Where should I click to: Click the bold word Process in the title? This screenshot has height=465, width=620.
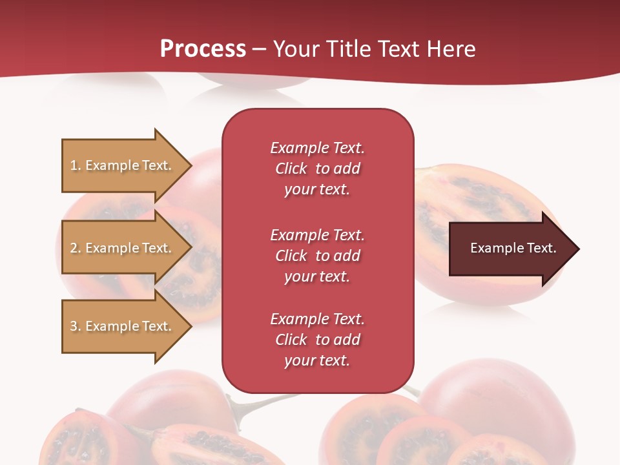[203, 49]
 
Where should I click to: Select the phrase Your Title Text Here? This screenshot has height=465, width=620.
[375, 49]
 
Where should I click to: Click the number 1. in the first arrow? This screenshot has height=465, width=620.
[76, 165]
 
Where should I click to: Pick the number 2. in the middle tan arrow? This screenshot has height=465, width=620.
[76, 248]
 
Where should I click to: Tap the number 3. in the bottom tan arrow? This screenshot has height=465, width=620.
[76, 326]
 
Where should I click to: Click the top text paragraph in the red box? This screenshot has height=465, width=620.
[317, 169]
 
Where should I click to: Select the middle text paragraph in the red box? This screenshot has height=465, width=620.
[317, 256]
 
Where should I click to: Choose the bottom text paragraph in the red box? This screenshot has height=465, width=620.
[317, 340]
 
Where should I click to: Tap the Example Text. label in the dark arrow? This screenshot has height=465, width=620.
[513, 248]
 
